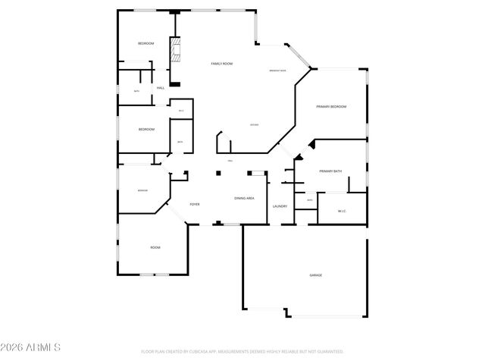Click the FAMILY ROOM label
coord(221,64)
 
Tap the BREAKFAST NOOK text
coord(278,71)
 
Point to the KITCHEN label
coord(255,124)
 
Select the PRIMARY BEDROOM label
coord(331,107)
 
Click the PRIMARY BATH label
coord(330,171)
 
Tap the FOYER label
coord(195,205)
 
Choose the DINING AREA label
coord(244,198)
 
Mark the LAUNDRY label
coord(280,206)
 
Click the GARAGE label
coord(315,275)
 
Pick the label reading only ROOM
coord(155,247)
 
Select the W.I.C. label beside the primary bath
coord(342,211)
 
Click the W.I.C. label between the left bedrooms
coord(181,111)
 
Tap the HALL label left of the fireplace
coord(161,88)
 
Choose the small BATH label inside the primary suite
coord(309,200)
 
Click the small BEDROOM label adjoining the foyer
coord(142,190)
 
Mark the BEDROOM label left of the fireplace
coord(145,43)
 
